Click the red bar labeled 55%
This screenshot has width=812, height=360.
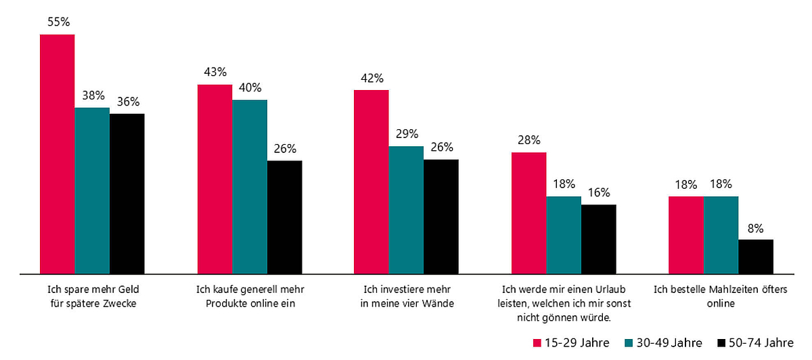pos(57,154)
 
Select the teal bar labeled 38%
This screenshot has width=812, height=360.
pos(92,191)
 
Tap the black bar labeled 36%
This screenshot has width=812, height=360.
pos(127,194)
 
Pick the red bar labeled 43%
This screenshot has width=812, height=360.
pos(215,179)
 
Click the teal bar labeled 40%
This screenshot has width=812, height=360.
pos(250,187)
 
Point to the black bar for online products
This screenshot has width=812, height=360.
pos(285,217)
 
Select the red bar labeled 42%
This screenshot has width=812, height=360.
pos(371,182)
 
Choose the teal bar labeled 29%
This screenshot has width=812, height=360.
pos(406,210)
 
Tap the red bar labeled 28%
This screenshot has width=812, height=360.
pos(528,213)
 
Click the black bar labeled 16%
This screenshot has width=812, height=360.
pos(599,239)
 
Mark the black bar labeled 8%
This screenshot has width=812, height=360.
pos(756,256)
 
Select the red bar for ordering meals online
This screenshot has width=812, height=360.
pos(685,235)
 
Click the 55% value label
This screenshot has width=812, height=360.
pos(58,22)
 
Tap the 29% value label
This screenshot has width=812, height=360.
pos(407,133)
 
